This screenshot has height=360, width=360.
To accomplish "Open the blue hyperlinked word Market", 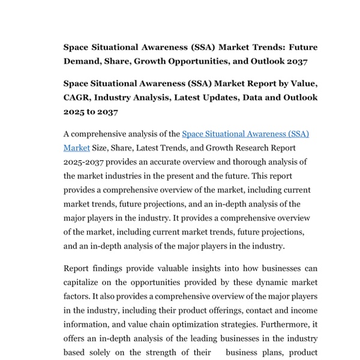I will (x=76, y=148).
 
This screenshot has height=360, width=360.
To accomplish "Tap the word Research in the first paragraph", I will (x=235, y=148).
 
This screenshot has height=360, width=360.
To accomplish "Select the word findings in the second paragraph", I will (x=107, y=268).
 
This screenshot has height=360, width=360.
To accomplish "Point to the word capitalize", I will (x=86, y=283).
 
